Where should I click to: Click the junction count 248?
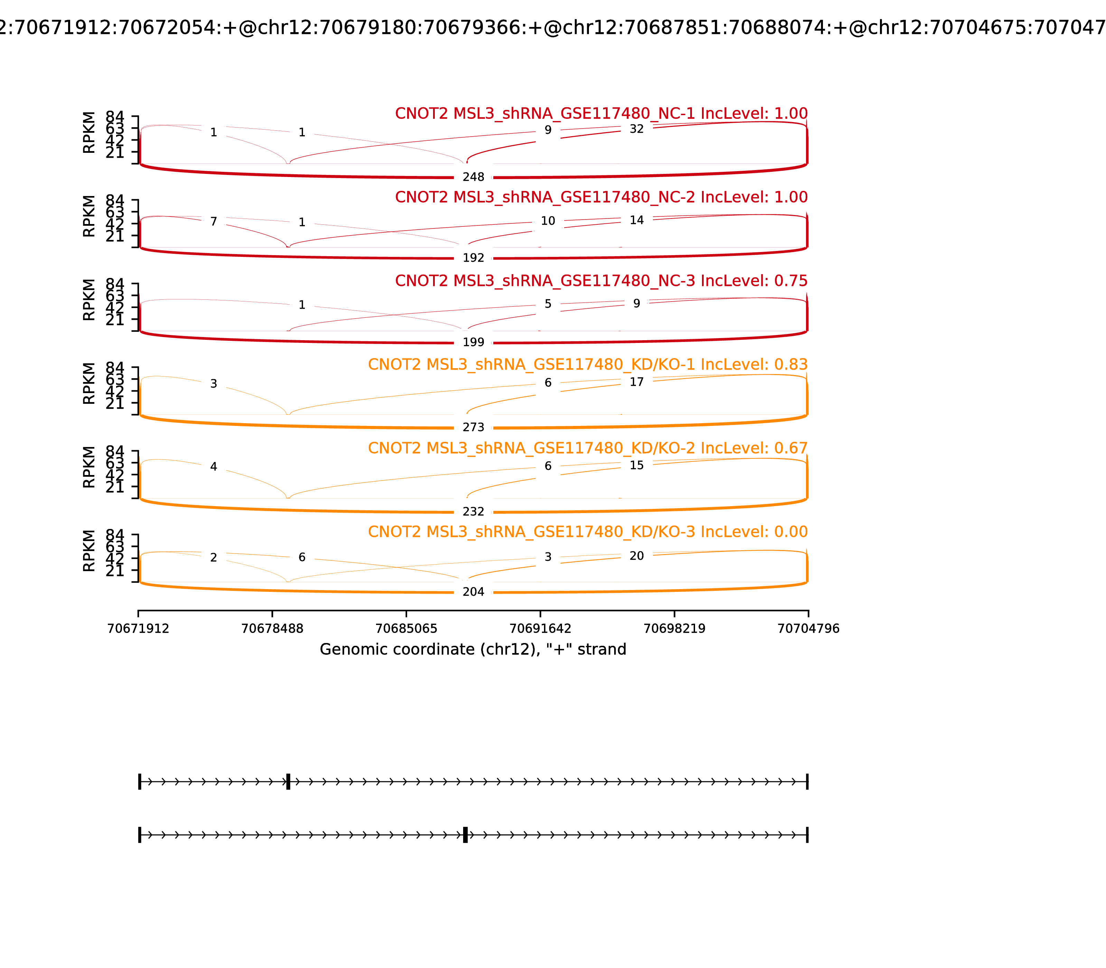point(473,177)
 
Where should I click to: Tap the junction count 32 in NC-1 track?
point(637,129)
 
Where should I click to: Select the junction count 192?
point(473,258)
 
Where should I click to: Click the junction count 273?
point(473,427)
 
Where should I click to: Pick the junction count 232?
point(473,512)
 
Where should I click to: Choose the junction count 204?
point(473,592)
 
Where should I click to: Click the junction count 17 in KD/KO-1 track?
point(637,382)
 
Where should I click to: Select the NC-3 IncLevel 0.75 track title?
point(601,281)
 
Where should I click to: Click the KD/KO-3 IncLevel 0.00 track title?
point(588,532)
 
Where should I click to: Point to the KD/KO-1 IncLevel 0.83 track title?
point(588,365)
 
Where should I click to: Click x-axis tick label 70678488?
point(272,629)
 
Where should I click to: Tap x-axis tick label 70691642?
point(540,629)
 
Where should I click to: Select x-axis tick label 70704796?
point(808,629)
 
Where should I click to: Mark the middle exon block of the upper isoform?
point(288,782)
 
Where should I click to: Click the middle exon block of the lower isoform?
point(465,835)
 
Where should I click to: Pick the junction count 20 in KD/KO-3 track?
point(637,556)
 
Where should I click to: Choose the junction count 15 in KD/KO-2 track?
point(637,465)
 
